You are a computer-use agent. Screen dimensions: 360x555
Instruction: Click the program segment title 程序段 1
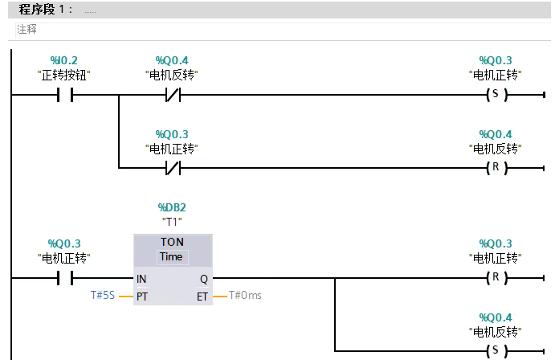click(x=45, y=9)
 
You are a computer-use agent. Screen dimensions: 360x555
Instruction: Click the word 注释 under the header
click(x=27, y=30)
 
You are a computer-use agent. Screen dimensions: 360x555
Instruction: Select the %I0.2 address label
click(x=64, y=60)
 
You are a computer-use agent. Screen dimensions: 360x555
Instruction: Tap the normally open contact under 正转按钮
click(x=64, y=96)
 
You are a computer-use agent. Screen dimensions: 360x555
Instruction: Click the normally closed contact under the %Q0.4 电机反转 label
click(x=172, y=96)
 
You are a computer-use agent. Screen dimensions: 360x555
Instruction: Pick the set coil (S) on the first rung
click(x=495, y=96)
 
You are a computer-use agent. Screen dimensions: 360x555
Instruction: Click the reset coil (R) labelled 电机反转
click(x=495, y=169)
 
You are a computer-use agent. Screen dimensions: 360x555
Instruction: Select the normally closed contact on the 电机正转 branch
click(x=172, y=169)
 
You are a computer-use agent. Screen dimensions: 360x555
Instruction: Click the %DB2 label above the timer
click(x=172, y=207)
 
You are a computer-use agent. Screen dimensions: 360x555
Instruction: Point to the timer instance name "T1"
click(x=172, y=223)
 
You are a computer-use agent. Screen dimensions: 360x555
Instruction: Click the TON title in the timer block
click(x=172, y=242)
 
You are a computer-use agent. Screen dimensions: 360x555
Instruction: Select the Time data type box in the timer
click(x=171, y=257)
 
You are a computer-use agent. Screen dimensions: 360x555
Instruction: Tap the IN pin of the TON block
click(x=142, y=280)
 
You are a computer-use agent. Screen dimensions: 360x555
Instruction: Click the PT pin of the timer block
click(x=142, y=296)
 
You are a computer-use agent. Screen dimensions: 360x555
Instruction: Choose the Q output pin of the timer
click(x=203, y=280)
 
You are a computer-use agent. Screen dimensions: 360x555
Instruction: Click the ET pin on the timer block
click(x=202, y=296)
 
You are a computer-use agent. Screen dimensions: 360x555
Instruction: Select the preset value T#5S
click(x=104, y=296)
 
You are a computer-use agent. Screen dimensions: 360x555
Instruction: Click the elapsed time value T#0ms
click(x=246, y=296)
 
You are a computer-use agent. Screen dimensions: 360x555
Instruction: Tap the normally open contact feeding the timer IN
click(x=64, y=279)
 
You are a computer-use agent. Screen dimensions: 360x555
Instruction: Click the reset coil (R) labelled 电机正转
click(x=495, y=279)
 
